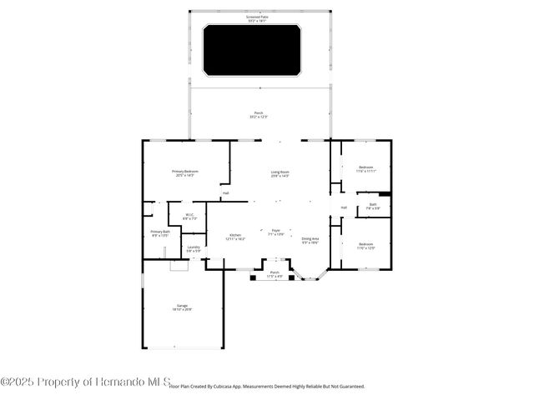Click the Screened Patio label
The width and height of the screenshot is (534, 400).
tap(258, 17)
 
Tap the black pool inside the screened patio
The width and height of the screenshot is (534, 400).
tap(251, 49)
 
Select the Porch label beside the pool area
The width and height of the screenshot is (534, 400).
tap(258, 115)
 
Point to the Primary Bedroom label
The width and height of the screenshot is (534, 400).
tap(184, 172)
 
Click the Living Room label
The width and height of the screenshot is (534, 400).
tap(279, 173)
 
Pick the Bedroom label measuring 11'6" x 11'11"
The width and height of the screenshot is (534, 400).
tap(366, 169)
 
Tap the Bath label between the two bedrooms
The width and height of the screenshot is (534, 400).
tap(372, 206)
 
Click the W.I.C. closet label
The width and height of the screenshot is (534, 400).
tap(189, 217)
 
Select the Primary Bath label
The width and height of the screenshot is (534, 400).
tap(160, 233)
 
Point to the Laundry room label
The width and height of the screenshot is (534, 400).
tap(193, 248)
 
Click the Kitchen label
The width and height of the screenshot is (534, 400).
tap(235, 237)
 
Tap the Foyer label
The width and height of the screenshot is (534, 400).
tap(275, 232)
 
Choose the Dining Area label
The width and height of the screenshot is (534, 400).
tap(310, 240)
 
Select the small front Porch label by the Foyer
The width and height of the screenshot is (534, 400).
tap(274, 274)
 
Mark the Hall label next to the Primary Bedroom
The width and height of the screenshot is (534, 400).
tap(225, 193)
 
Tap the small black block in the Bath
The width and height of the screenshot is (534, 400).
tap(385, 195)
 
